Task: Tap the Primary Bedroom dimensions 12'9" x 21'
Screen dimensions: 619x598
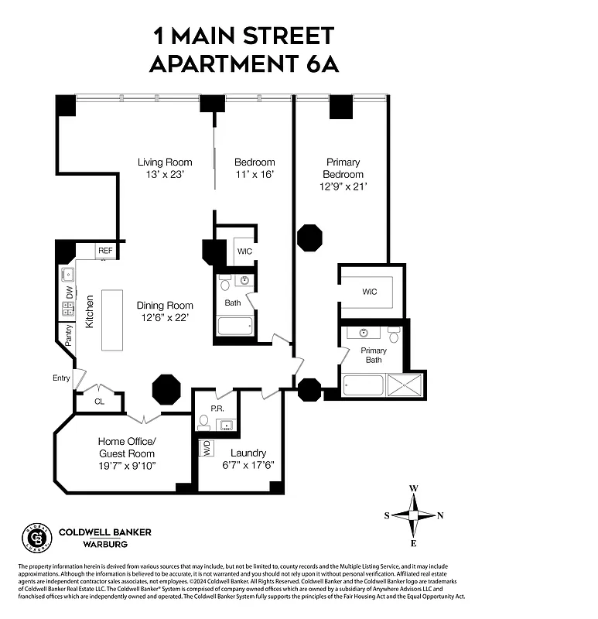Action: tap(343, 186)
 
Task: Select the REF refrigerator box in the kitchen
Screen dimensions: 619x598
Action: tap(105, 251)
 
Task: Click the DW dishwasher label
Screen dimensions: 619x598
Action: tap(69, 292)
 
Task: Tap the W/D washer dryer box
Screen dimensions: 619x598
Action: tap(207, 448)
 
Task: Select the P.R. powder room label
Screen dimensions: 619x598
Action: tap(217, 408)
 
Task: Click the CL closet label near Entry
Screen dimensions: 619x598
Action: tap(99, 402)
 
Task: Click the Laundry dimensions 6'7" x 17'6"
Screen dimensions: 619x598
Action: tap(248, 465)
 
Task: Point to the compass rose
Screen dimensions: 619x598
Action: tap(414, 515)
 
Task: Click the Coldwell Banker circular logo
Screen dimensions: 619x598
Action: tap(36, 537)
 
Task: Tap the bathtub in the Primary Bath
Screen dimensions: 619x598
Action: tap(363, 385)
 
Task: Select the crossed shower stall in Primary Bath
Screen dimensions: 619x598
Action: tap(405, 385)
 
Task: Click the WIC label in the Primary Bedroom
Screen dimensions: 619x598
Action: tap(370, 292)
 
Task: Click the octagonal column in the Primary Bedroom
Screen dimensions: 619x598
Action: tap(309, 238)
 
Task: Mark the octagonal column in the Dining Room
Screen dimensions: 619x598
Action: tap(166, 388)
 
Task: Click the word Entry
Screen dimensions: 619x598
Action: tap(61, 378)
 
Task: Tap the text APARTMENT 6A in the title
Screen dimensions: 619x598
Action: tap(244, 63)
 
